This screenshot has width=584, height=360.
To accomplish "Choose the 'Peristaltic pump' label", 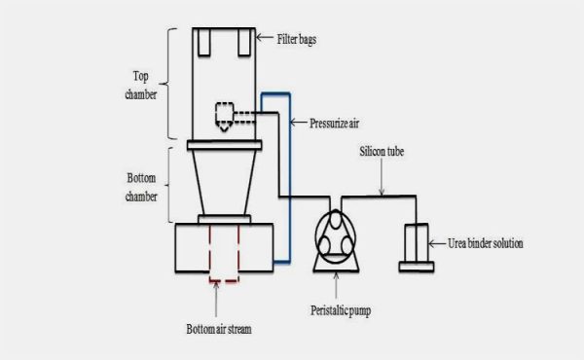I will tap(338, 311).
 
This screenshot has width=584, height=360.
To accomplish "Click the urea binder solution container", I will tap(417, 246).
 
